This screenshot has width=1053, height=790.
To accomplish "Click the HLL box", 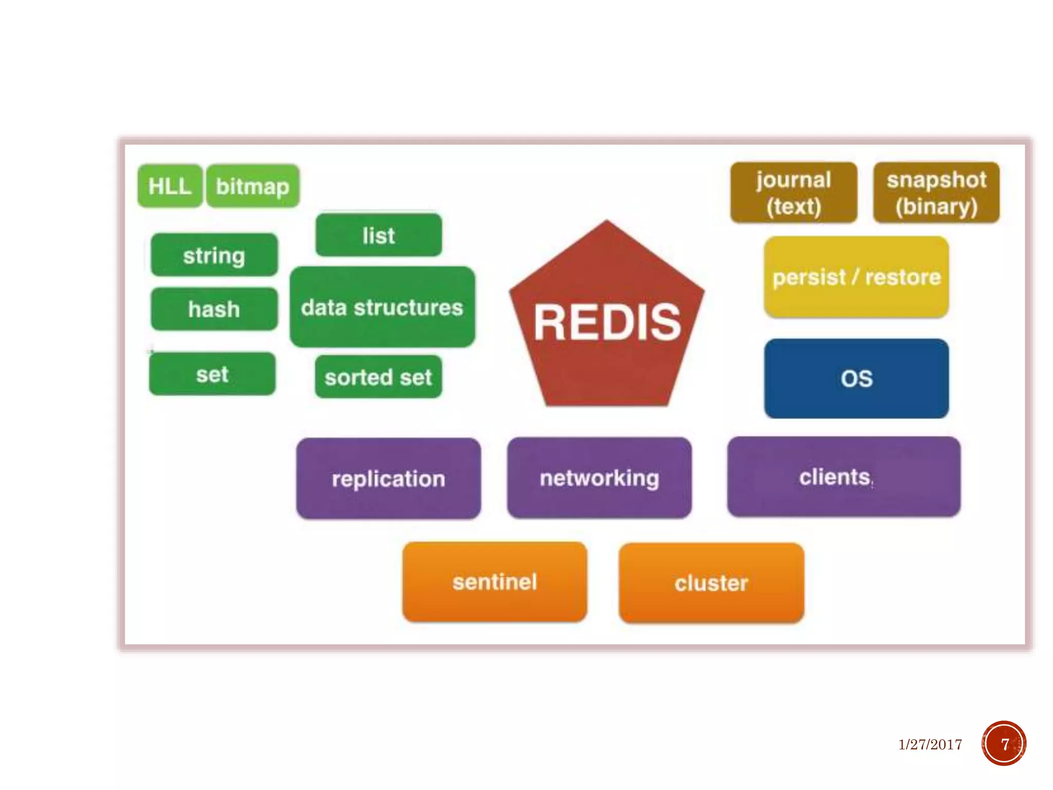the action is (170, 186).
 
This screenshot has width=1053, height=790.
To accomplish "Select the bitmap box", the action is (253, 186).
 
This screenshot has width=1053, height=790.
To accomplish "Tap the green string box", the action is (214, 255).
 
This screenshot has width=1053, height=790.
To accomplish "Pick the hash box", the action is (214, 309).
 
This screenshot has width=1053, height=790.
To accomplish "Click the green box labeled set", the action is (212, 373).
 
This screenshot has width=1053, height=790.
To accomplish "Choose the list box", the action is (379, 235).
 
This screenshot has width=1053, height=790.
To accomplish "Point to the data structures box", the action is (383, 307).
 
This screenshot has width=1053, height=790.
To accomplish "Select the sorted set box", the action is (378, 376).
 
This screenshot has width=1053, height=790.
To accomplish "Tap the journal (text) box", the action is (794, 192).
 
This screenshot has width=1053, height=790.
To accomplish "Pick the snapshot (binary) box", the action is (936, 192).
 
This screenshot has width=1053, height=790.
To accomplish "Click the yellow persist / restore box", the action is (857, 277).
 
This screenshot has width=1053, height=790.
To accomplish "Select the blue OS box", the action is (857, 378).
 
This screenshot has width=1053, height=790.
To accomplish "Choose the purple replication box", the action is (389, 478).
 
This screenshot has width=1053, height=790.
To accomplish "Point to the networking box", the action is (600, 478).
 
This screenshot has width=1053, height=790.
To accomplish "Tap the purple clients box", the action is (844, 477).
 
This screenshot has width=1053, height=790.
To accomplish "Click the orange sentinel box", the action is (495, 582).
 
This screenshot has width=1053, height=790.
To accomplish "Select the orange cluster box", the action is (712, 583).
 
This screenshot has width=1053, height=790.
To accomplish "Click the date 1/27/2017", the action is (930, 744).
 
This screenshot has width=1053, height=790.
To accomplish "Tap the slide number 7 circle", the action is (1004, 743).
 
